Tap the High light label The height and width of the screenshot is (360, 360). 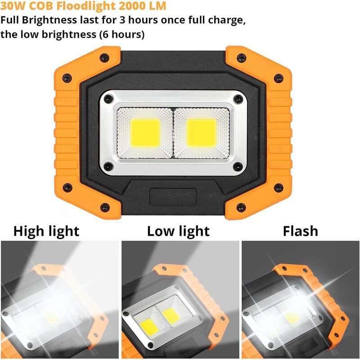click(x=46, y=231)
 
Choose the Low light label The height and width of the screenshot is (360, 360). click(x=178, y=231)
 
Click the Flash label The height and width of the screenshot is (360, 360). click(x=300, y=231)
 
